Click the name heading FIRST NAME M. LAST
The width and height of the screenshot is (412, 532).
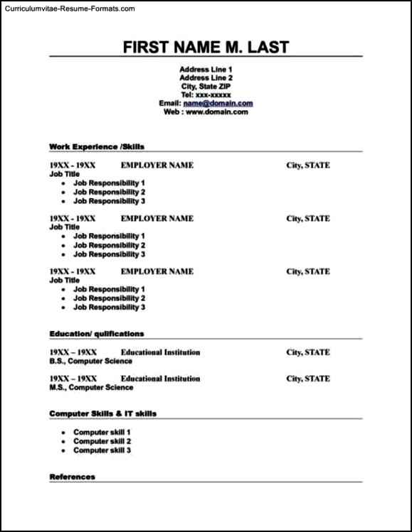point(206,47)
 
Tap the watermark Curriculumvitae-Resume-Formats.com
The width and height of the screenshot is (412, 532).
point(69,9)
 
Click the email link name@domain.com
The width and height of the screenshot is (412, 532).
point(218,103)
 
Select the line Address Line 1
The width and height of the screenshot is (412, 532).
point(206,69)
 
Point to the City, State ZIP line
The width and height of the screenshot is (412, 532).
point(206,86)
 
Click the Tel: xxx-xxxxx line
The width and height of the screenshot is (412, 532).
point(206,94)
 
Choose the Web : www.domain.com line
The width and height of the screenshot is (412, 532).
point(206,112)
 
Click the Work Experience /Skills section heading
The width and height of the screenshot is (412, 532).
point(97,146)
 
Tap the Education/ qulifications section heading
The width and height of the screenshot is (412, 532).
point(97,333)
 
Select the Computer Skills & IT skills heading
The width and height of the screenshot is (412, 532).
point(103,413)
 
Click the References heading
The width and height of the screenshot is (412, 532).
point(72,477)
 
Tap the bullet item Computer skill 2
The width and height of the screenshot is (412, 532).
point(102,441)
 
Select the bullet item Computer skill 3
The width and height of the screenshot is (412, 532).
point(102,450)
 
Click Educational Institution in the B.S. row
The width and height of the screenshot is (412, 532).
point(160,352)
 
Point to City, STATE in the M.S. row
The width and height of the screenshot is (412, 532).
point(308,379)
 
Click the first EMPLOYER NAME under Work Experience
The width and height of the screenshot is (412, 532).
point(157,165)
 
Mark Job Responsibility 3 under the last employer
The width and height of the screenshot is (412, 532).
point(109,308)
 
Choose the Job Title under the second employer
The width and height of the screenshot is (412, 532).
point(64,227)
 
